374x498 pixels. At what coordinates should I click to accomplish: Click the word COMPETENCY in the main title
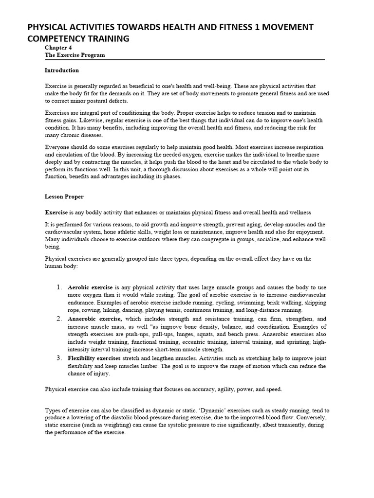(x=60, y=38)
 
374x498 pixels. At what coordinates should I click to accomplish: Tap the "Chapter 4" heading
(x=58, y=48)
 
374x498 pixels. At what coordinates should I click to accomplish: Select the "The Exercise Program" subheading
(x=75, y=55)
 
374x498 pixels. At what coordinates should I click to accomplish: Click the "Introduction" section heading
(x=62, y=71)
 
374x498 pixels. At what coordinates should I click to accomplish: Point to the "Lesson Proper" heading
(x=64, y=197)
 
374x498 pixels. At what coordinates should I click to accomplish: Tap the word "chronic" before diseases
(x=68, y=136)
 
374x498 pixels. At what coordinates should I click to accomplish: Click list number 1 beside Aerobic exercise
(x=58, y=287)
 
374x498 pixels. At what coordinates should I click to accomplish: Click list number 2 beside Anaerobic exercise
(x=58, y=319)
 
